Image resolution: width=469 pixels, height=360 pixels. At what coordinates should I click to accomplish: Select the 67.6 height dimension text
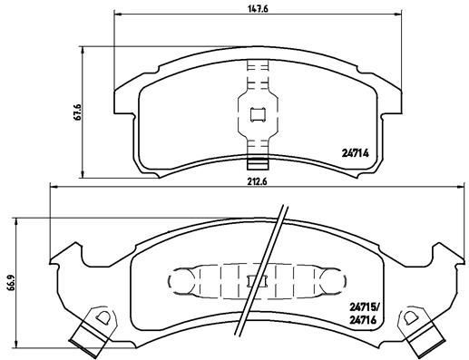[79, 112]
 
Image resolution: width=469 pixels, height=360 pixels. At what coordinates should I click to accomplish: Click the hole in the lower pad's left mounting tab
[103, 318]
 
